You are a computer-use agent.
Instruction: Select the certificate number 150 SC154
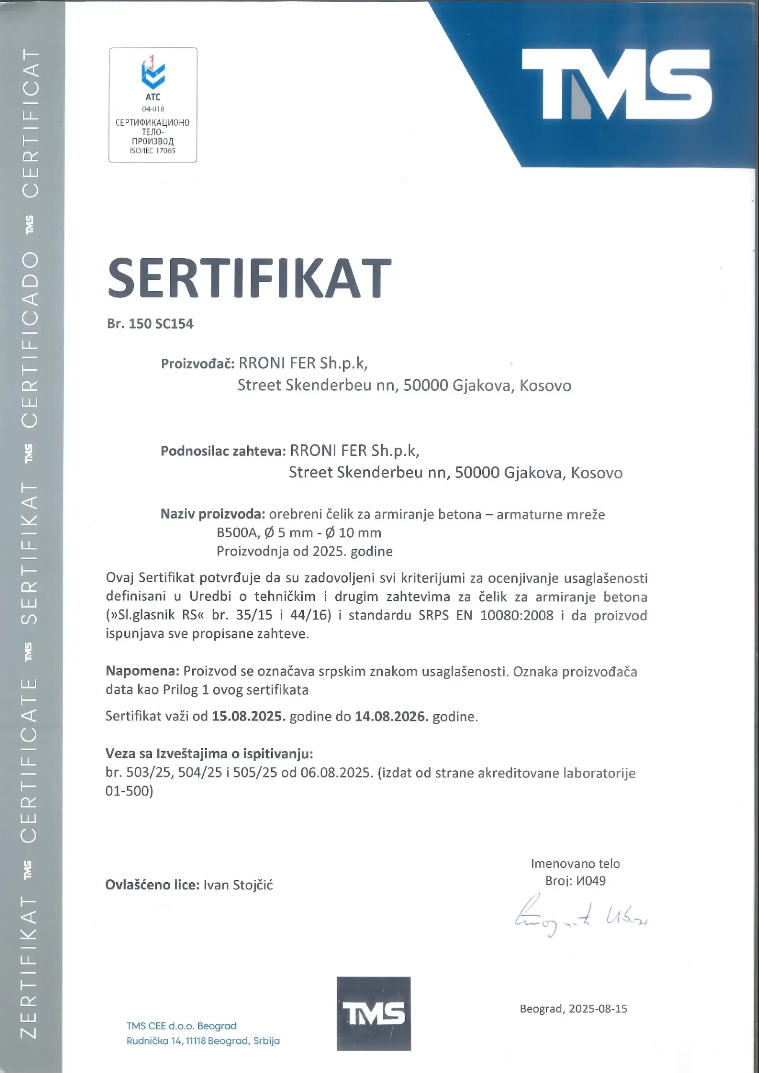click(161, 324)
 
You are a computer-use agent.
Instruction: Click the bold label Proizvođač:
click(197, 363)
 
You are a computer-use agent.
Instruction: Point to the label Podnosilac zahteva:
click(223, 451)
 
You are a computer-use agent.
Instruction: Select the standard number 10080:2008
click(516, 615)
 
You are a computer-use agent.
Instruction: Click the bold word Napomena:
click(142, 671)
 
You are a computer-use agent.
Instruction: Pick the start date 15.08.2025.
click(249, 716)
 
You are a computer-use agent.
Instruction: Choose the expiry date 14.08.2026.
click(391, 716)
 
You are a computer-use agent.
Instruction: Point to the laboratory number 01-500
click(129, 791)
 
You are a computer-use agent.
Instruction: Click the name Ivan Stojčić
click(238, 885)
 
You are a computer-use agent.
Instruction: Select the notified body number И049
click(591, 881)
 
